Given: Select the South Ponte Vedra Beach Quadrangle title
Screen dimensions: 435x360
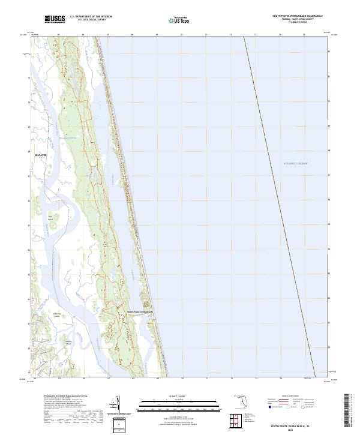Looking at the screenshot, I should [x=297, y=16].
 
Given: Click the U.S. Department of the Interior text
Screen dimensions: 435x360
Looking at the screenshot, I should [x=91, y=17].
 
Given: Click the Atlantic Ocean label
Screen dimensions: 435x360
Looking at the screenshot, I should [x=295, y=163].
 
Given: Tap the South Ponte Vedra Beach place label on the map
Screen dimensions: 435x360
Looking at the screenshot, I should [x=140, y=312].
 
